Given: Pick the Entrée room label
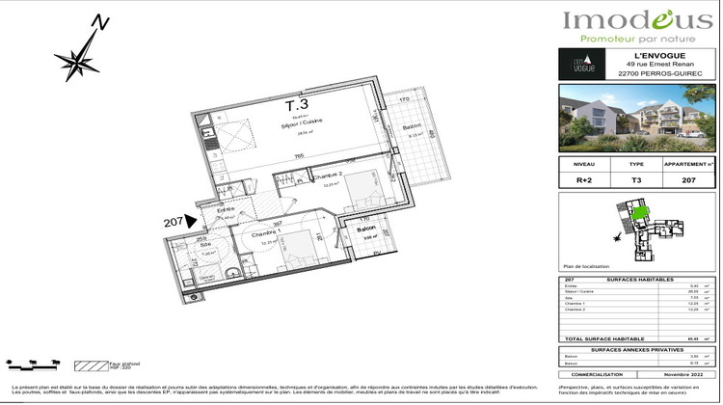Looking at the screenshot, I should pyautogui.click(x=227, y=209).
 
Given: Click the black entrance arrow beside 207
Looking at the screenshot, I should pyautogui.click(x=190, y=223).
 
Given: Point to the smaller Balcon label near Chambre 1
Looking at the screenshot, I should pyautogui.click(x=365, y=229).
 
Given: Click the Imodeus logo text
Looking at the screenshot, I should pyautogui.click(x=637, y=20).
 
